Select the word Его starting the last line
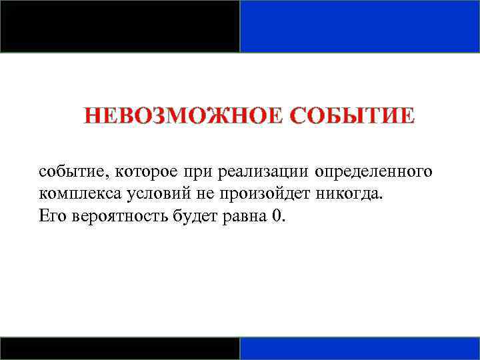tap(50, 216)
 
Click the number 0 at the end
tap(277, 216)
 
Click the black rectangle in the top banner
tap(120, 26)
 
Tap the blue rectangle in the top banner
tap(360, 26)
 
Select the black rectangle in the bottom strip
tap(120, 348)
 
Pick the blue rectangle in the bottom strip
tap(360, 348)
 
